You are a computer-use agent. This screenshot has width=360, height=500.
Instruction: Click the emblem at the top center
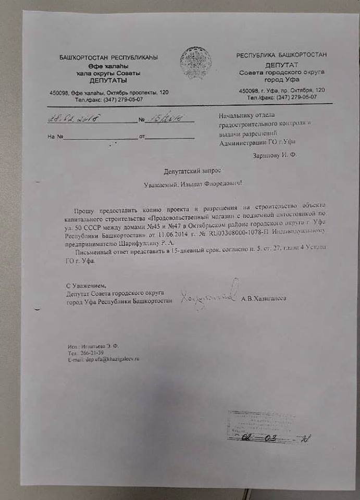coord(195,63)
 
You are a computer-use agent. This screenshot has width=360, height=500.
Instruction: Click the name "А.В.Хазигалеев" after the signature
coord(264,298)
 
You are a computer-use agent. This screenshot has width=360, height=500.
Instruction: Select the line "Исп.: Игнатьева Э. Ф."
coord(94,346)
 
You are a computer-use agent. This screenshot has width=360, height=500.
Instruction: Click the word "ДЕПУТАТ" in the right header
coord(281,65)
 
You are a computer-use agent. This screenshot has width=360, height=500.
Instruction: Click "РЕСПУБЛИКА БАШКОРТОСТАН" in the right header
coord(281,55)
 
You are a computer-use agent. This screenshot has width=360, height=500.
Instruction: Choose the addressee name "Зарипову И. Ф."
coord(274,155)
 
